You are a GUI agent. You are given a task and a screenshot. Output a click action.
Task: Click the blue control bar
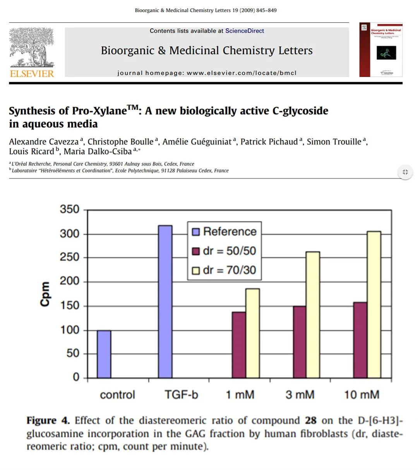tap(104, 354)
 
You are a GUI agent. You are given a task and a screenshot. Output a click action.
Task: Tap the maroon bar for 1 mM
tap(239, 345)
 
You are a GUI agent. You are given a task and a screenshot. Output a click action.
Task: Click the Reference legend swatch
tap(196, 232)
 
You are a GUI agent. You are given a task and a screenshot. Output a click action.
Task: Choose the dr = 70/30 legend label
tap(230, 270)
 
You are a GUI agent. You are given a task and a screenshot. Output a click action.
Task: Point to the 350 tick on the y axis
tap(69, 209)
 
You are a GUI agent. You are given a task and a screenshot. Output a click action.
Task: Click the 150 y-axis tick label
tap(69, 305)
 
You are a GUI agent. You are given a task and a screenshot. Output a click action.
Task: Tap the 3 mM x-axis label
tap(300, 395)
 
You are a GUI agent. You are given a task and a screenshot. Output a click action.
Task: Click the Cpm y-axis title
tap(45, 294)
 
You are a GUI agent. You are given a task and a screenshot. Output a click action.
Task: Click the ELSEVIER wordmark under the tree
tap(32, 73)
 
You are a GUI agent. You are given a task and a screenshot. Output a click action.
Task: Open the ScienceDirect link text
tap(245, 31)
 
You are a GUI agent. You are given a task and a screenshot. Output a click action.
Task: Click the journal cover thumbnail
tap(381, 50)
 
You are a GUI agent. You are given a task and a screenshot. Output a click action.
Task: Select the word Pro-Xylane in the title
tap(99, 111)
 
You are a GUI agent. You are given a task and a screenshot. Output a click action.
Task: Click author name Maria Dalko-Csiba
tap(98, 152)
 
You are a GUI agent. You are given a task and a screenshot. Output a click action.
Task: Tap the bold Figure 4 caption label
tap(48, 420)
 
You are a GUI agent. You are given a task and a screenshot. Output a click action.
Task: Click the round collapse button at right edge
tap(405, 172)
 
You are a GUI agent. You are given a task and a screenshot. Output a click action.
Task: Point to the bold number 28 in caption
tap(310, 420)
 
